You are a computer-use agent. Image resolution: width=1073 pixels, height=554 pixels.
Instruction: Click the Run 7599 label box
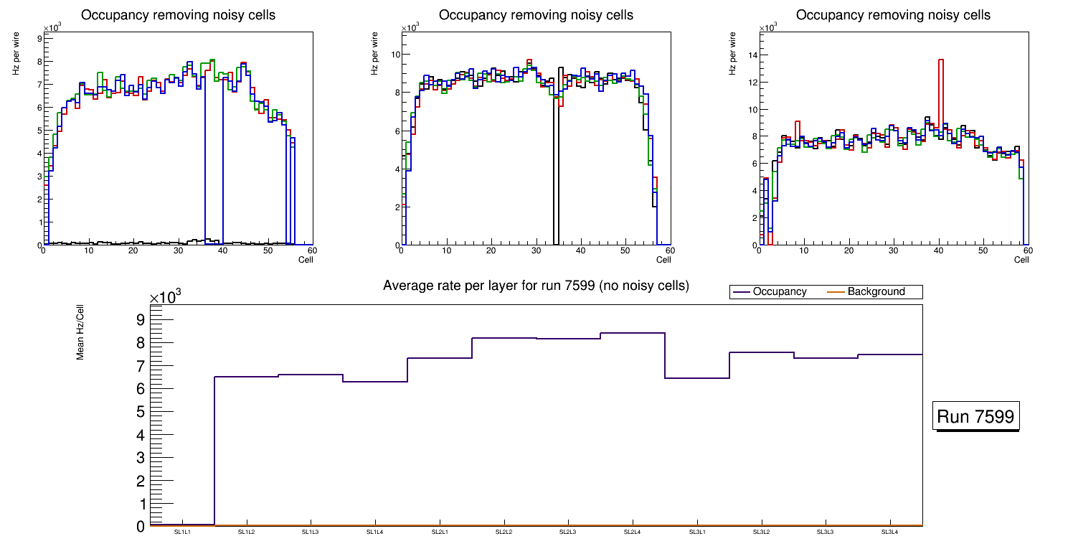976,416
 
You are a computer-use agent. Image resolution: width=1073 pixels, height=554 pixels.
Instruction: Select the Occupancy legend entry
769,292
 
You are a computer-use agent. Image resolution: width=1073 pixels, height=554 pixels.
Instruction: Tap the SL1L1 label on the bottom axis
182,532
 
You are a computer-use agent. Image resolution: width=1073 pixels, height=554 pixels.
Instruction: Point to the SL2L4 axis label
632,532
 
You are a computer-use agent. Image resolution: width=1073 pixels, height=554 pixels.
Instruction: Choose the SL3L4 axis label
889,532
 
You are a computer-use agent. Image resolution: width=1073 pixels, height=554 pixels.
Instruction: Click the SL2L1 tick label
440,532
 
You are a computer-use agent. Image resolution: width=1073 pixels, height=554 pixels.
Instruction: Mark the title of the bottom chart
536,286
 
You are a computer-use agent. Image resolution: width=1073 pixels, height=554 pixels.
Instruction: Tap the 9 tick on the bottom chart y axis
140,319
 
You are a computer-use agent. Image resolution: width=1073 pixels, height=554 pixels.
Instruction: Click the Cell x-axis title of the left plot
306,260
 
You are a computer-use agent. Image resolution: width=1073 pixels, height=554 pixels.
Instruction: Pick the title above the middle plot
536,15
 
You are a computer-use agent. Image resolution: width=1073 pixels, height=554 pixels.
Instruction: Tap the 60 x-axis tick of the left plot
312,250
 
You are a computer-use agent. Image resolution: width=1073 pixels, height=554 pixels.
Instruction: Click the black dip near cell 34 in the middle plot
556,172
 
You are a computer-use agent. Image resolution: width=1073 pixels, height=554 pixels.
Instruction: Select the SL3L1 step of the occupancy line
697,377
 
